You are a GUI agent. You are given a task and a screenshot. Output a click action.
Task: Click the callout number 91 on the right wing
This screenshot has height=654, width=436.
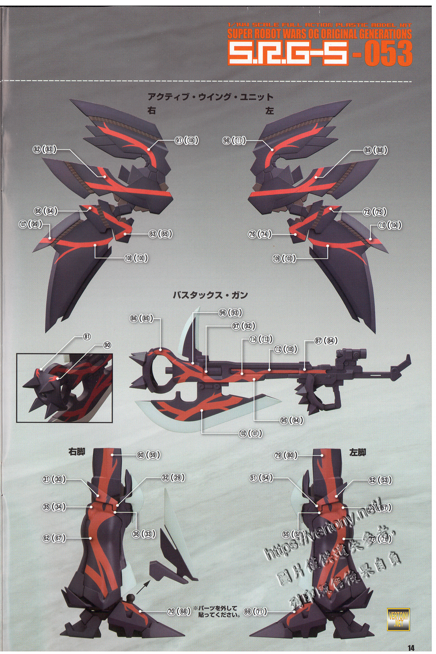[x=178, y=141]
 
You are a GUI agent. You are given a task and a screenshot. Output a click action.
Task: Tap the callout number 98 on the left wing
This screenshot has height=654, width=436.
[x=226, y=141]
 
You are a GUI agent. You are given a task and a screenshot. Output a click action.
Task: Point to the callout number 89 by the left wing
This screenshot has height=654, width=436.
[x=368, y=150]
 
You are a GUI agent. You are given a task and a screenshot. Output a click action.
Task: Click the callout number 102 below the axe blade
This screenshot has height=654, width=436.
[x=243, y=433]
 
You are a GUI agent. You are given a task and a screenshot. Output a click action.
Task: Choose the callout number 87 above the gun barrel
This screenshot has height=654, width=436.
[x=318, y=341]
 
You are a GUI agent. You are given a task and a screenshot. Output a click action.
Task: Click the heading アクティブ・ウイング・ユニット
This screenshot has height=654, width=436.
[x=210, y=97]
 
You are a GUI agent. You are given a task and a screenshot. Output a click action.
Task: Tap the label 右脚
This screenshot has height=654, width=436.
[x=77, y=452]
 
